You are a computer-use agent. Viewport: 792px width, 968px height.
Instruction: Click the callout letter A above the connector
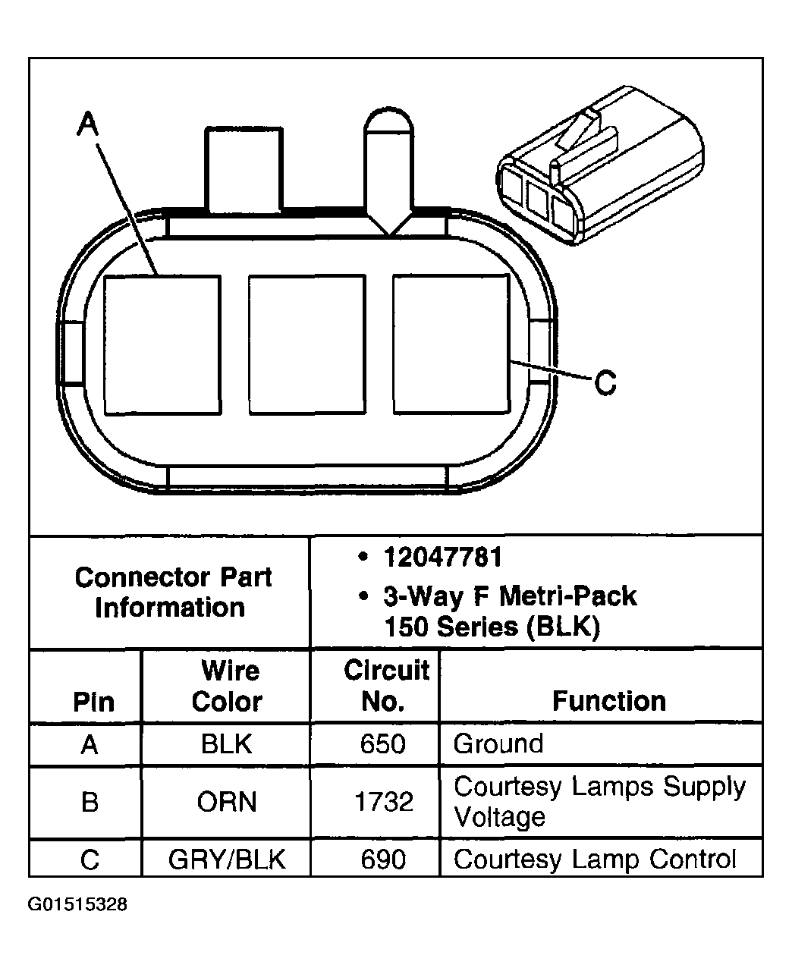(x=89, y=123)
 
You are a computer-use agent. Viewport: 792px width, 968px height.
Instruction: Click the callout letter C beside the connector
(x=605, y=382)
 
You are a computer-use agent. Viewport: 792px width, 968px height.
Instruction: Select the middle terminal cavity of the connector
(x=306, y=344)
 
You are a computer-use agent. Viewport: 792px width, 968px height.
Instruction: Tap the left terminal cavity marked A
(x=162, y=344)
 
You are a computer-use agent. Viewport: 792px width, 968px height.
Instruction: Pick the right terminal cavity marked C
(x=451, y=344)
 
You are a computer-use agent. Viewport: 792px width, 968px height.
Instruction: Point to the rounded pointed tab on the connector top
(x=388, y=167)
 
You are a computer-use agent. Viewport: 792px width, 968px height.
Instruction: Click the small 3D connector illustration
(x=599, y=167)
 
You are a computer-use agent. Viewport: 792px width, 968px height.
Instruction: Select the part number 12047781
(x=442, y=558)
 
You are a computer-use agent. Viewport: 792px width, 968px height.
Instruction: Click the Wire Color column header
(x=227, y=686)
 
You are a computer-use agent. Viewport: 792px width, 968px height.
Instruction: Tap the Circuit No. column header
(x=385, y=686)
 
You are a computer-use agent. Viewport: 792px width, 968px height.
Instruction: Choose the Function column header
(x=608, y=701)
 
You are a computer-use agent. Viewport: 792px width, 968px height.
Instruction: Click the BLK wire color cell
(x=227, y=744)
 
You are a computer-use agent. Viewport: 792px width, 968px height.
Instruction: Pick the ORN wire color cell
(x=227, y=802)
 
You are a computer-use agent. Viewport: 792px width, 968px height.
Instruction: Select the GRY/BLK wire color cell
(x=227, y=860)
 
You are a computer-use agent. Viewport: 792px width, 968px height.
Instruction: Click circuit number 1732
(x=384, y=802)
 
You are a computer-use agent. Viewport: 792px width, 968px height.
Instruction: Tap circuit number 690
(x=384, y=860)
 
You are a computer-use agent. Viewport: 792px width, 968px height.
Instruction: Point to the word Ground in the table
(x=498, y=743)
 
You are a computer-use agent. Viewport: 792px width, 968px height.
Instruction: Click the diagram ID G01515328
(x=77, y=905)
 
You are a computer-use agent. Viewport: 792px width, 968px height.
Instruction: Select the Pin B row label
(x=90, y=802)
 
